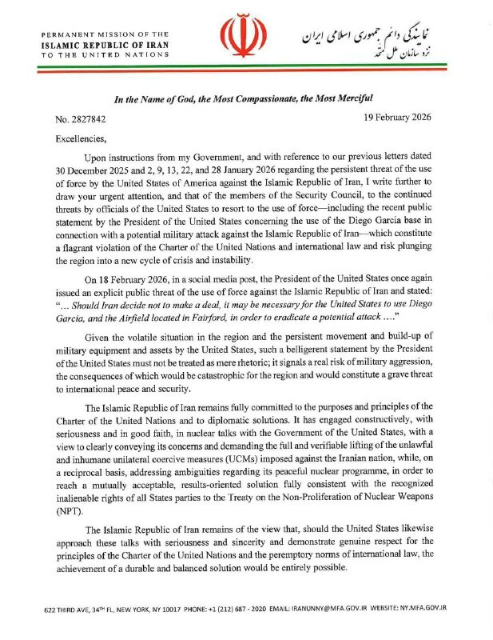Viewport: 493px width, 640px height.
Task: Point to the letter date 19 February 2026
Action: coord(396,118)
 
